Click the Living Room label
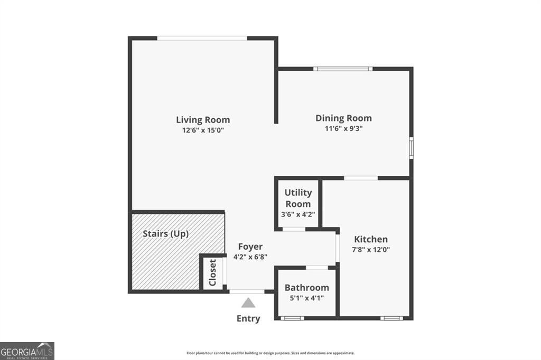click(203, 120)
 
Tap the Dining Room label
click(343, 118)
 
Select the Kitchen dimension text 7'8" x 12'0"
click(371, 250)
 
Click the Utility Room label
click(298, 198)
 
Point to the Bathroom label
click(306, 288)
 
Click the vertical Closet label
click(212, 273)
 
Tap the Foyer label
click(250, 247)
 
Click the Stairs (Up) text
click(165, 233)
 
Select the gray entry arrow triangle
click(248, 302)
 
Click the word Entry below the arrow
click(248, 318)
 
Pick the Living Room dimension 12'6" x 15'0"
click(203, 130)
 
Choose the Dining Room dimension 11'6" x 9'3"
click(343, 128)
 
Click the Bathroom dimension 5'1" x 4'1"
click(306, 298)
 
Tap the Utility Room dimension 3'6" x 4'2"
click(298, 214)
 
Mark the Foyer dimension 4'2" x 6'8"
click(250, 257)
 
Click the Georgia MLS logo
click(27, 350)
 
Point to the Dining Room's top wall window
click(343, 69)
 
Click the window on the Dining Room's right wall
click(411, 147)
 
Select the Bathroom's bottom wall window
click(292, 318)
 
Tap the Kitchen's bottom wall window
click(391, 318)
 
